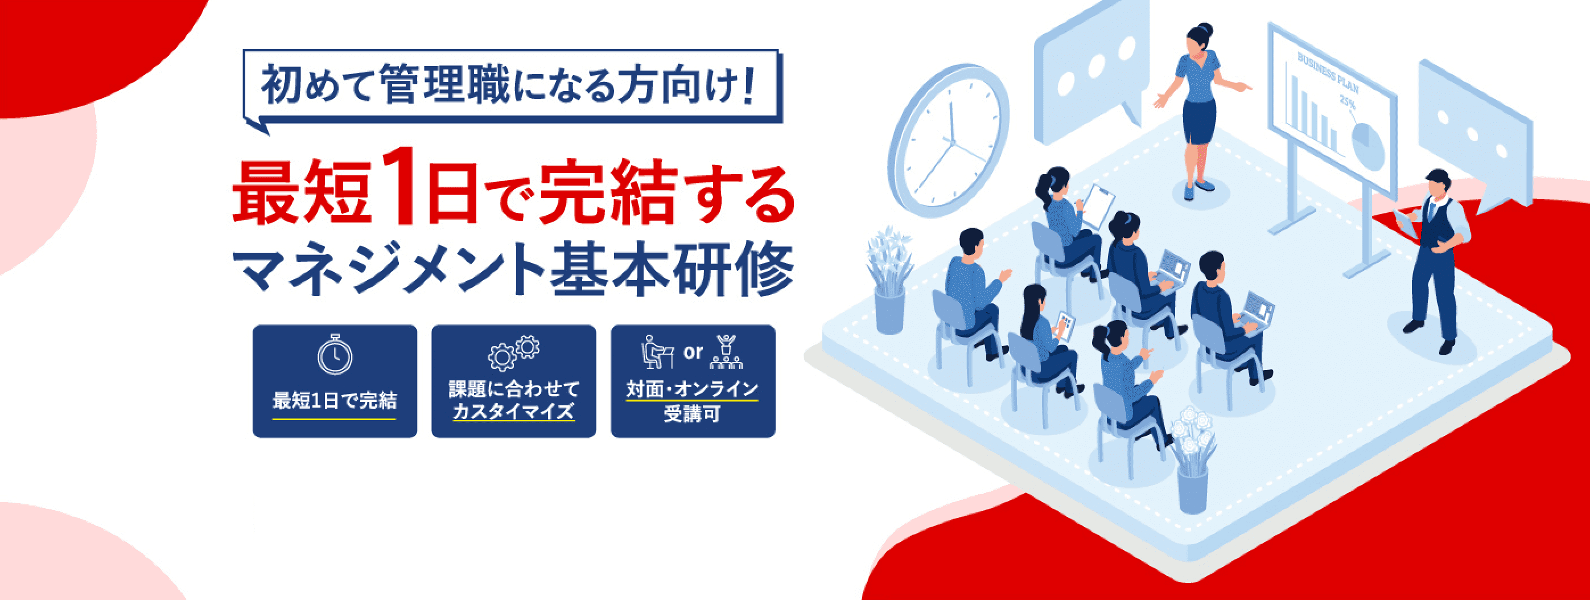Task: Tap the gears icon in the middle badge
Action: pos(513,352)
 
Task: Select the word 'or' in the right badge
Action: pos(693,352)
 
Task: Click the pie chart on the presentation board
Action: pos(1369,146)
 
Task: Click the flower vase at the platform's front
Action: pos(1192,459)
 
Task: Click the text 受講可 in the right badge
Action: pos(693,414)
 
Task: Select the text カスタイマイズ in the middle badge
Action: pos(513,411)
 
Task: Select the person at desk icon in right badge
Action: pos(657,352)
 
